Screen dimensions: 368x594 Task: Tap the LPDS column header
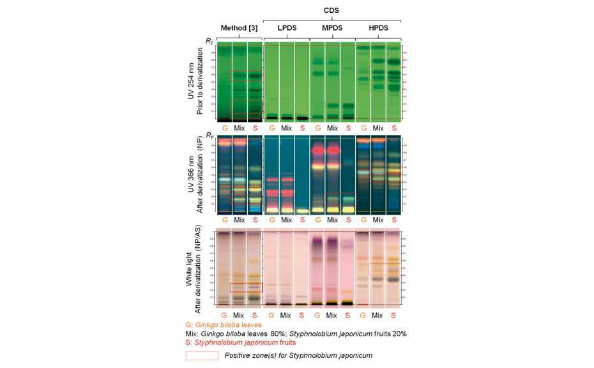pyautogui.click(x=286, y=28)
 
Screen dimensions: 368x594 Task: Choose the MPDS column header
pyautogui.click(x=332, y=28)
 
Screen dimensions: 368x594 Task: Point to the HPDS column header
pyautogui.click(x=378, y=28)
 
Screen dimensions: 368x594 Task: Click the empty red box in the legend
pyautogui.click(x=202, y=356)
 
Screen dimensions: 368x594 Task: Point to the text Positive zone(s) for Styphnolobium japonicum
pyautogui.click(x=298, y=356)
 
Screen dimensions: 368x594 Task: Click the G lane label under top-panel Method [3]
pyautogui.click(x=224, y=128)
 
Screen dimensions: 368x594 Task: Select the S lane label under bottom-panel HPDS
pyautogui.click(x=394, y=315)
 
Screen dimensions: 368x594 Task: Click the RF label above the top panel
pyautogui.click(x=209, y=41)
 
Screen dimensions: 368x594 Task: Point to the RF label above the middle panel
pyautogui.click(x=209, y=135)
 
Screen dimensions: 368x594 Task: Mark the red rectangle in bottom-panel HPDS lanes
pyautogui.click(x=384, y=268)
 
